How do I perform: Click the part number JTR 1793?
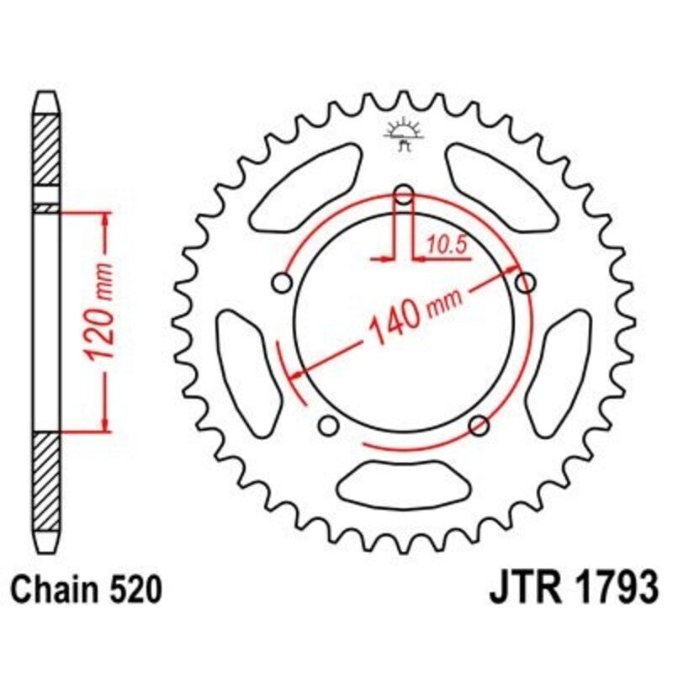[x=572, y=590]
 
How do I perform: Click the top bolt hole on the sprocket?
[x=404, y=197]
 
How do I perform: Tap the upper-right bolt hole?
[x=526, y=282]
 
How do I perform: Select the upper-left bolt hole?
[x=283, y=282]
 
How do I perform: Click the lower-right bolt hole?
[x=479, y=424]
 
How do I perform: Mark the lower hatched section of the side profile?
[x=46, y=480]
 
